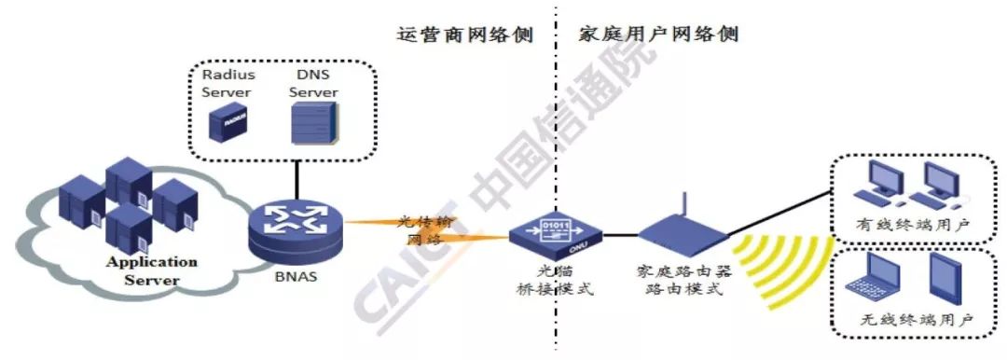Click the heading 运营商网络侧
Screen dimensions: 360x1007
click(464, 35)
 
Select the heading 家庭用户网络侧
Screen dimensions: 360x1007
click(658, 35)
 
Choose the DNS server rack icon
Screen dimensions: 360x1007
click(312, 123)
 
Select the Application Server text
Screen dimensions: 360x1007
click(152, 270)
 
